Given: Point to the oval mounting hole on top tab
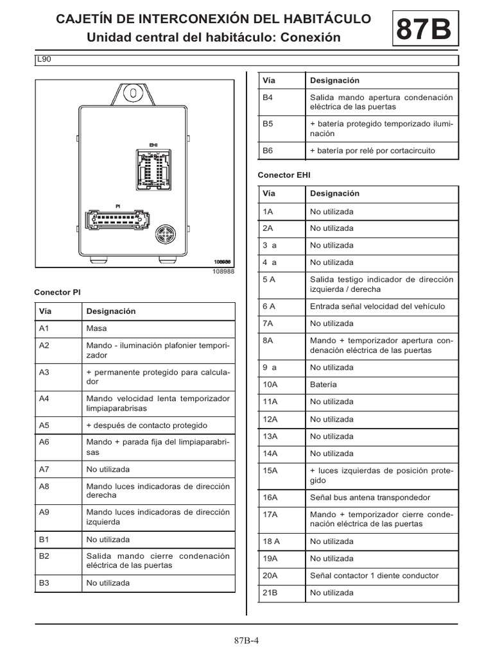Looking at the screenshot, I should click(133, 92).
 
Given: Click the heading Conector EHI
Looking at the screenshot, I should click(279, 175).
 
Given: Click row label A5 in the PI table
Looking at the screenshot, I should click(44, 425).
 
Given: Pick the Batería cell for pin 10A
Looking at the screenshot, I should click(323, 385).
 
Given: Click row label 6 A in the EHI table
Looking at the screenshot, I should click(269, 306).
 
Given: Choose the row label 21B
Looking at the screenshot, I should click(270, 593).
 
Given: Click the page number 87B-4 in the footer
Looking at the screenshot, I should click(246, 640).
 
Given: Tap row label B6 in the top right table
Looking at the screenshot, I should click(268, 150).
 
